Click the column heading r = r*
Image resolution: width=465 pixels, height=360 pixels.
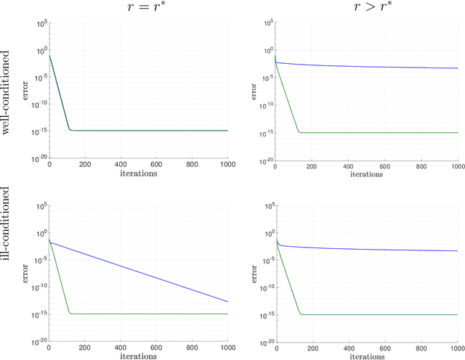pos(138,8)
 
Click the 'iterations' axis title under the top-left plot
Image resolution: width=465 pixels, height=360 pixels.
pos(138,174)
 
